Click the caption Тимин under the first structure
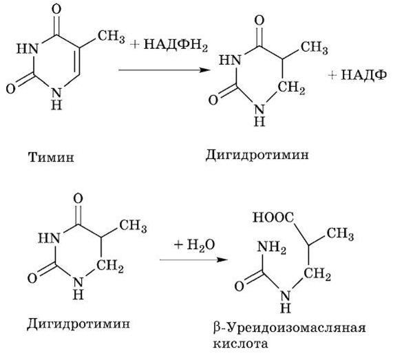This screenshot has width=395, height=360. [x=51, y=158]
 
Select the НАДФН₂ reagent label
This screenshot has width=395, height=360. [x=175, y=45]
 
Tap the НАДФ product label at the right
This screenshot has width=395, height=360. [x=364, y=75]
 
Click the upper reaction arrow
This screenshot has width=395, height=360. [x=164, y=70]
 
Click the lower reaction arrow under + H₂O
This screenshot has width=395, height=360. [x=193, y=260]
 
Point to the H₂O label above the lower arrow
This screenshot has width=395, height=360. [x=201, y=244]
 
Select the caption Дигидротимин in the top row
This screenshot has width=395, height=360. [x=257, y=155]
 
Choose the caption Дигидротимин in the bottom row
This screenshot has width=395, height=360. [x=78, y=324]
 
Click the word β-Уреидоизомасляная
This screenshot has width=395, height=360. [x=289, y=328]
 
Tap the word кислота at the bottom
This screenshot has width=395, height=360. [x=240, y=344]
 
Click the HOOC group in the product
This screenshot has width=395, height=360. [x=273, y=217]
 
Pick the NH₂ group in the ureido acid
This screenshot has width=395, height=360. [x=271, y=248]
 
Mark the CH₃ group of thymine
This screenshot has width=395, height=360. [x=111, y=36]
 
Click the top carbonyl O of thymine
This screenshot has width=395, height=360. [x=56, y=10]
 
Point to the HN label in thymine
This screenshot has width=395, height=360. [x=28, y=48]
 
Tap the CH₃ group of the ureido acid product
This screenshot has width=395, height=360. [x=341, y=233]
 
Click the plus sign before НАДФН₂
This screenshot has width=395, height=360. [x=136, y=45]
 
